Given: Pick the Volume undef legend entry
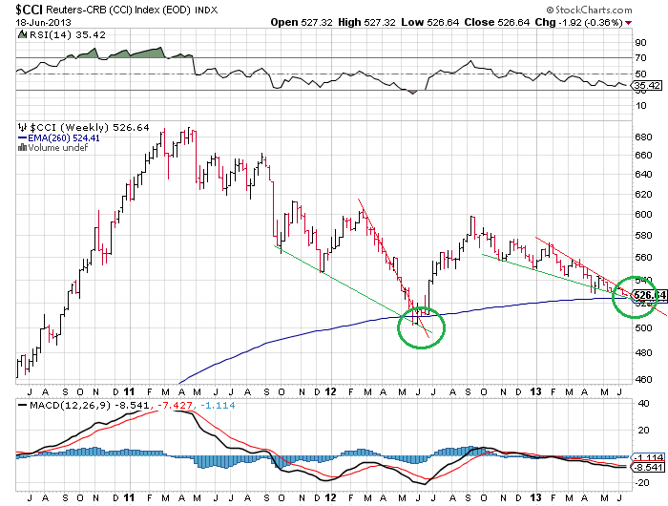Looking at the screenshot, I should coord(58,148).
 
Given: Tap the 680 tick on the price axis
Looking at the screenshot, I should coord(642,137).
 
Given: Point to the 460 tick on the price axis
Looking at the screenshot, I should coord(642,380).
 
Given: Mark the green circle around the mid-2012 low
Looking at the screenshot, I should coord(421,326).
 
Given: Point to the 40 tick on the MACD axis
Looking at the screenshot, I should coord(642,403).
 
